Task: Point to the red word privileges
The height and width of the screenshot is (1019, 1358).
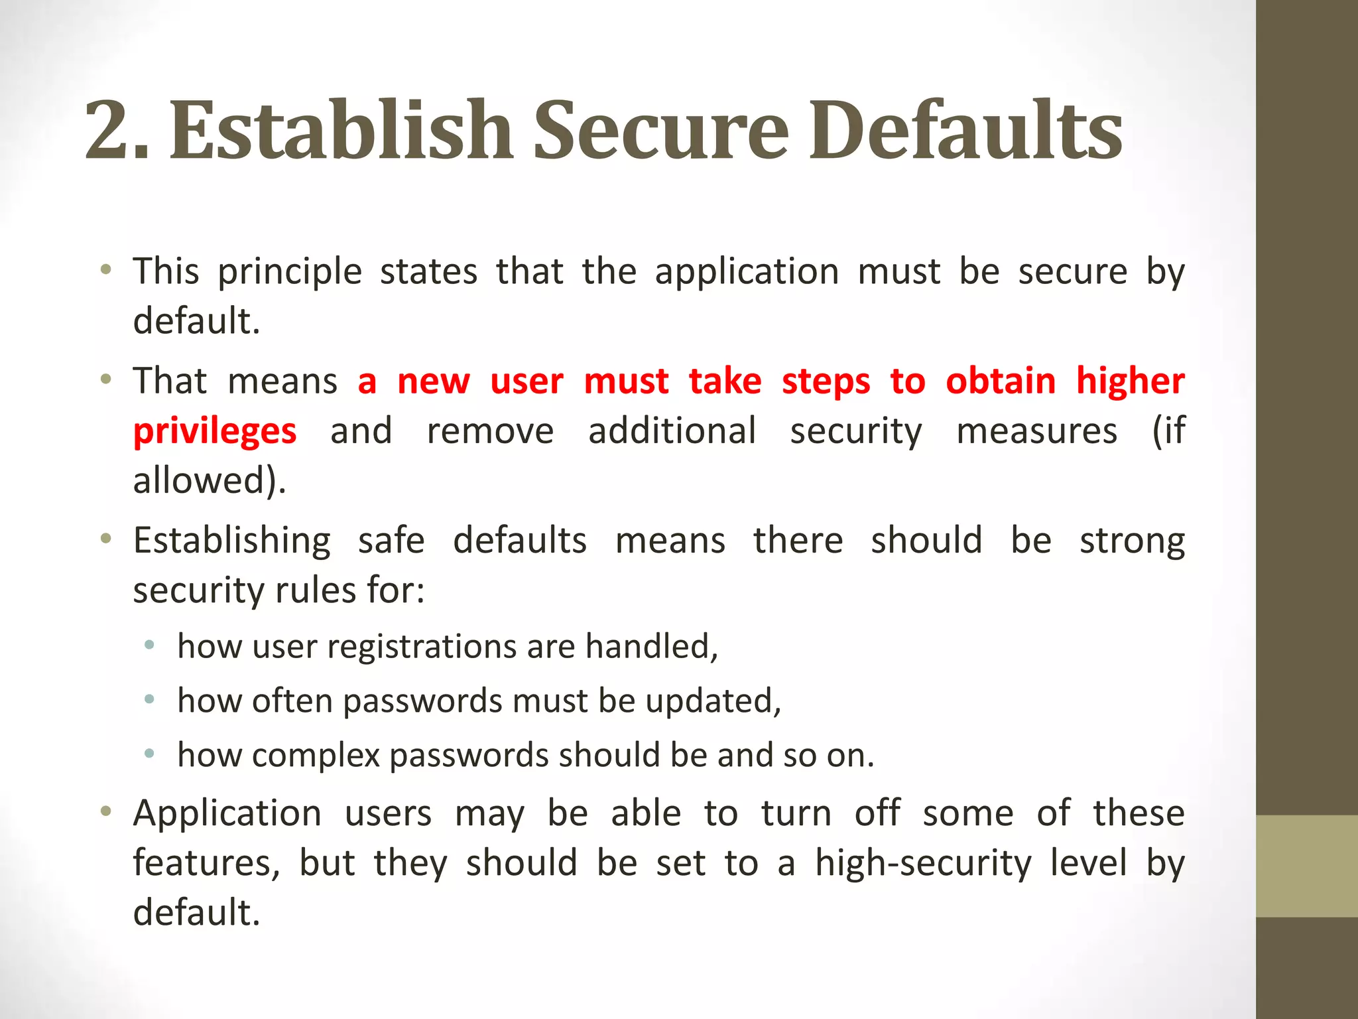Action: pos(215,432)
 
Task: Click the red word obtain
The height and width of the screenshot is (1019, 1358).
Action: pos(1000,381)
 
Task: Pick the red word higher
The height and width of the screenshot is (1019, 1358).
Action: pos(1130,383)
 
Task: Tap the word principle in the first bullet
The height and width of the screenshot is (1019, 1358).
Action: pos(290,273)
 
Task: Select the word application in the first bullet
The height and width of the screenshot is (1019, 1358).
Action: pos(747,273)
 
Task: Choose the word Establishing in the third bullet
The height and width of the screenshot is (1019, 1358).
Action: pos(231,541)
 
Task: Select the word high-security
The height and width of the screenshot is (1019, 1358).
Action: pos(923,864)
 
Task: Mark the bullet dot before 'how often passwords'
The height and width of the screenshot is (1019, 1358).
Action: pos(150,699)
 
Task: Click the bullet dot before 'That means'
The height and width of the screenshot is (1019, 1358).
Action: pos(105,380)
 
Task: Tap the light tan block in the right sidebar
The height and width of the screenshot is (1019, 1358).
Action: pos(1306,866)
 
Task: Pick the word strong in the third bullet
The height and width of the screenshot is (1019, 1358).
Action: pos(1131,541)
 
